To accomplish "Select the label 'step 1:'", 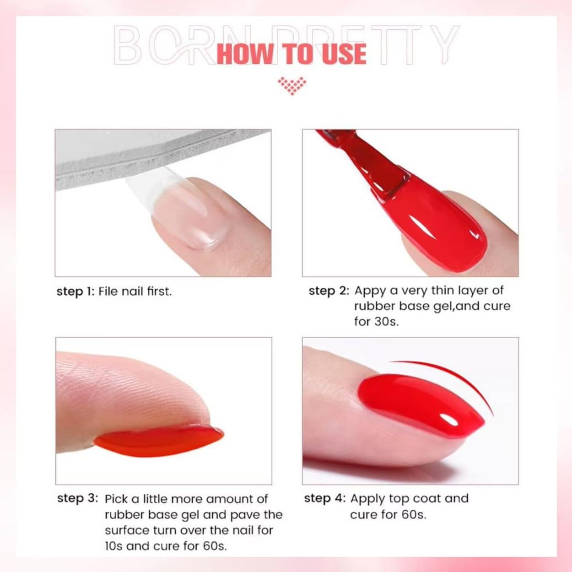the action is click(x=76, y=292).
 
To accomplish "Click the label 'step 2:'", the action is click(x=329, y=291).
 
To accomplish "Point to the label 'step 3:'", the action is click(x=77, y=498).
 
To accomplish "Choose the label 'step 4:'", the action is click(x=325, y=498).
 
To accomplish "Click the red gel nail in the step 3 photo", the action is click(x=159, y=441).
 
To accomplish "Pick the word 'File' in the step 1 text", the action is click(x=108, y=291).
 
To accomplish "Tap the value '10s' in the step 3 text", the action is click(x=113, y=546).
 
